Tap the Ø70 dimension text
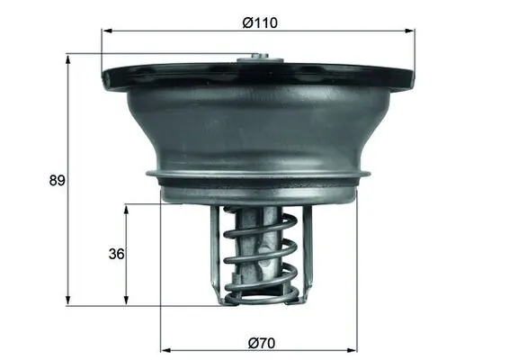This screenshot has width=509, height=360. tap(259, 342)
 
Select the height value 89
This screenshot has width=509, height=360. tap(57, 180)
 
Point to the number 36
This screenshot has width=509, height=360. tap(115, 254)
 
